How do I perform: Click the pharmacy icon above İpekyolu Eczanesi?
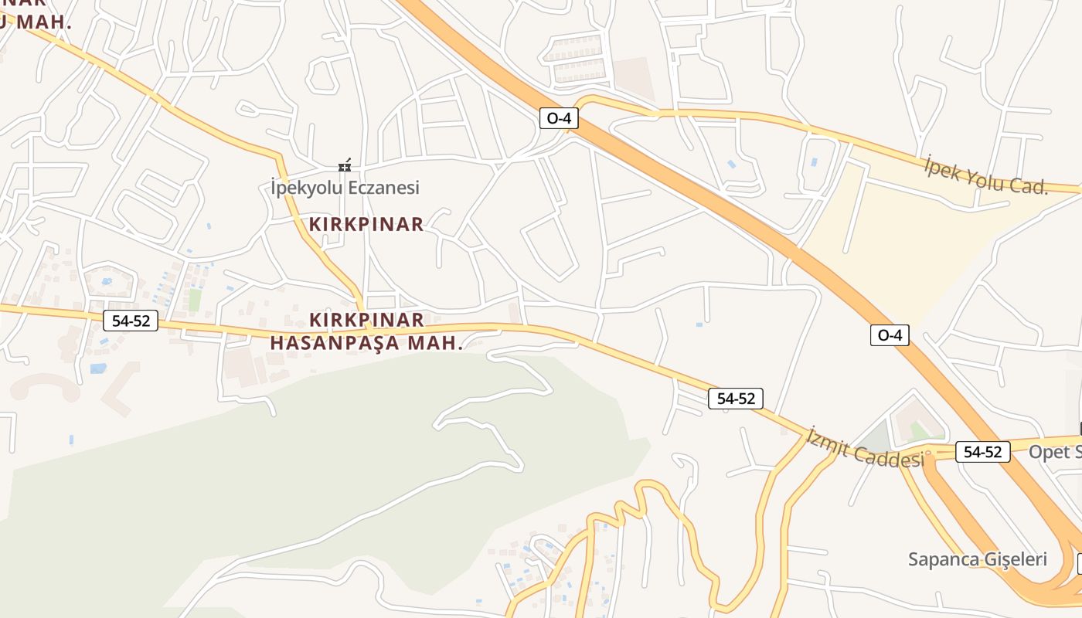tap(345, 165)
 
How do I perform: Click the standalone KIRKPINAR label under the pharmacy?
tap(366, 225)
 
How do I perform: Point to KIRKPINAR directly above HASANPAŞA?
tap(366, 320)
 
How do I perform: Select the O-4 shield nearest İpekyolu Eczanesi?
tap(559, 118)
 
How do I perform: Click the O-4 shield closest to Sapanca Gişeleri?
tap(890, 334)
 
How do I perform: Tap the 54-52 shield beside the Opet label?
tap(983, 452)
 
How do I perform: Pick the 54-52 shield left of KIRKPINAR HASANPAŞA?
tap(131, 321)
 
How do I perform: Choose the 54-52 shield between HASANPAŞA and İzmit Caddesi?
tap(736, 399)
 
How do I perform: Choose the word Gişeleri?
tap(1015, 559)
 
